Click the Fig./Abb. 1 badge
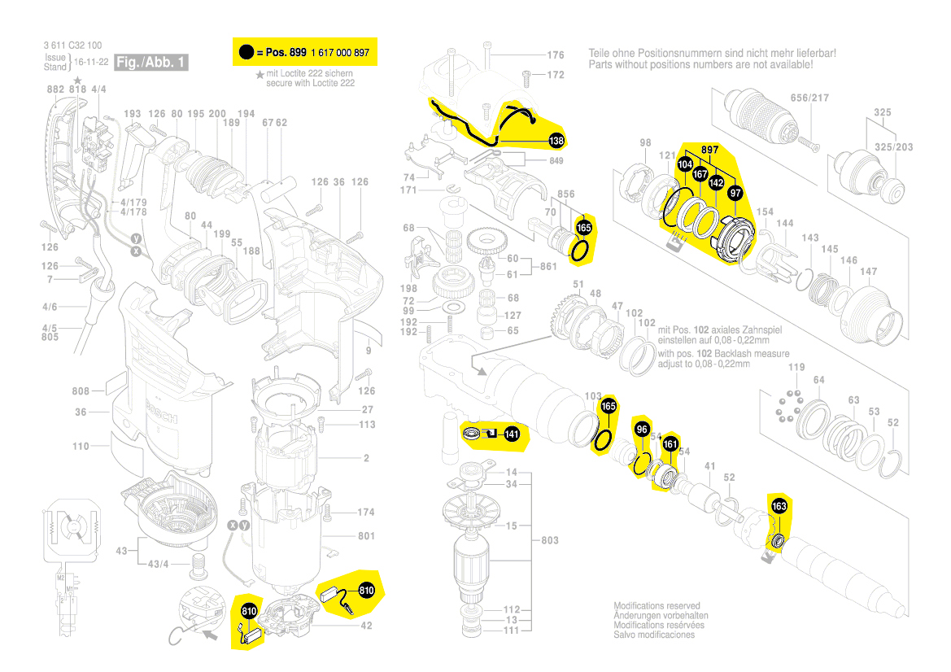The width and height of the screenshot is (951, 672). coord(152,62)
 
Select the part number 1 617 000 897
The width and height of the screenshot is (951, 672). coord(340,53)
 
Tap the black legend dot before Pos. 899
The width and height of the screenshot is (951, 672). coord(245,53)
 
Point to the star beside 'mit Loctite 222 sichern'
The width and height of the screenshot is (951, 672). coord(260,74)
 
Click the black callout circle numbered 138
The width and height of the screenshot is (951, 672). coord(556,142)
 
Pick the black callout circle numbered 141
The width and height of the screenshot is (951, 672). coord(511,434)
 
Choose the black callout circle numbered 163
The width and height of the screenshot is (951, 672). coord(779,506)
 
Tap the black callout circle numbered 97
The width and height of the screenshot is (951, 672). coord(735,193)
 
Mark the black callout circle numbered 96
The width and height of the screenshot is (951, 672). coord(642,430)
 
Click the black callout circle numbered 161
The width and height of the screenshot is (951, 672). coord(670,444)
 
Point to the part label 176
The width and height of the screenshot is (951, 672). coord(555,55)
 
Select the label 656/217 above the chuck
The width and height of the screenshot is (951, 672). coord(811,98)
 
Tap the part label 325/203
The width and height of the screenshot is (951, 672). coord(892,146)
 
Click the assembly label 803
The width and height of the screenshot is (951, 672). coord(550,541)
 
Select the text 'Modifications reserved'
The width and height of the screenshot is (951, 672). coord(657,606)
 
